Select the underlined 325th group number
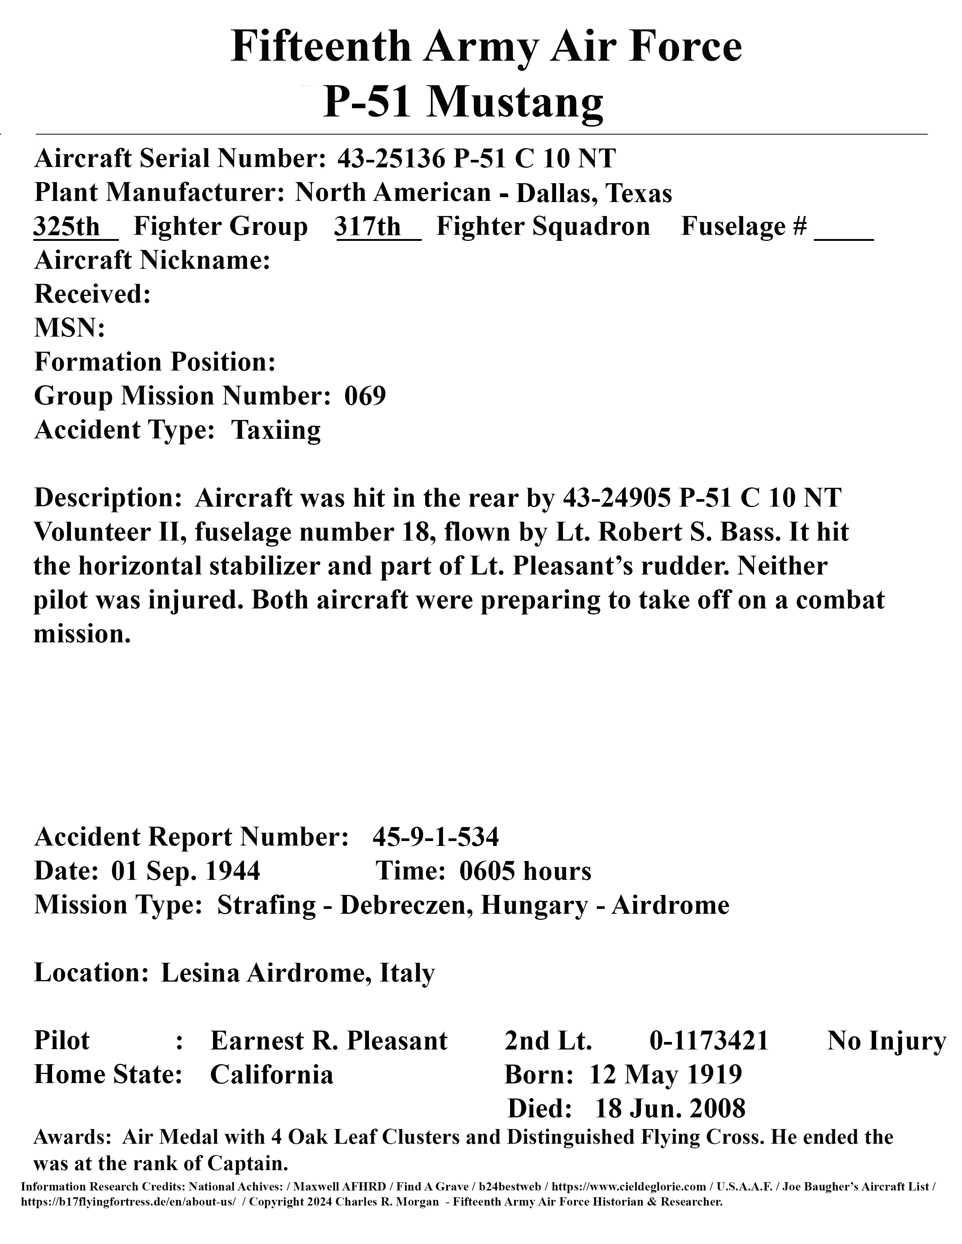(x=67, y=227)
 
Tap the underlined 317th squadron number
(x=368, y=227)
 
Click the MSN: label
(x=69, y=329)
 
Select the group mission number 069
(x=365, y=396)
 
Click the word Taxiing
(x=276, y=430)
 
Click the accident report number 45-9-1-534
(x=436, y=837)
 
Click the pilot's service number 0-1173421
(x=709, y=1041)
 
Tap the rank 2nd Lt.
(x=548, y=1041)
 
